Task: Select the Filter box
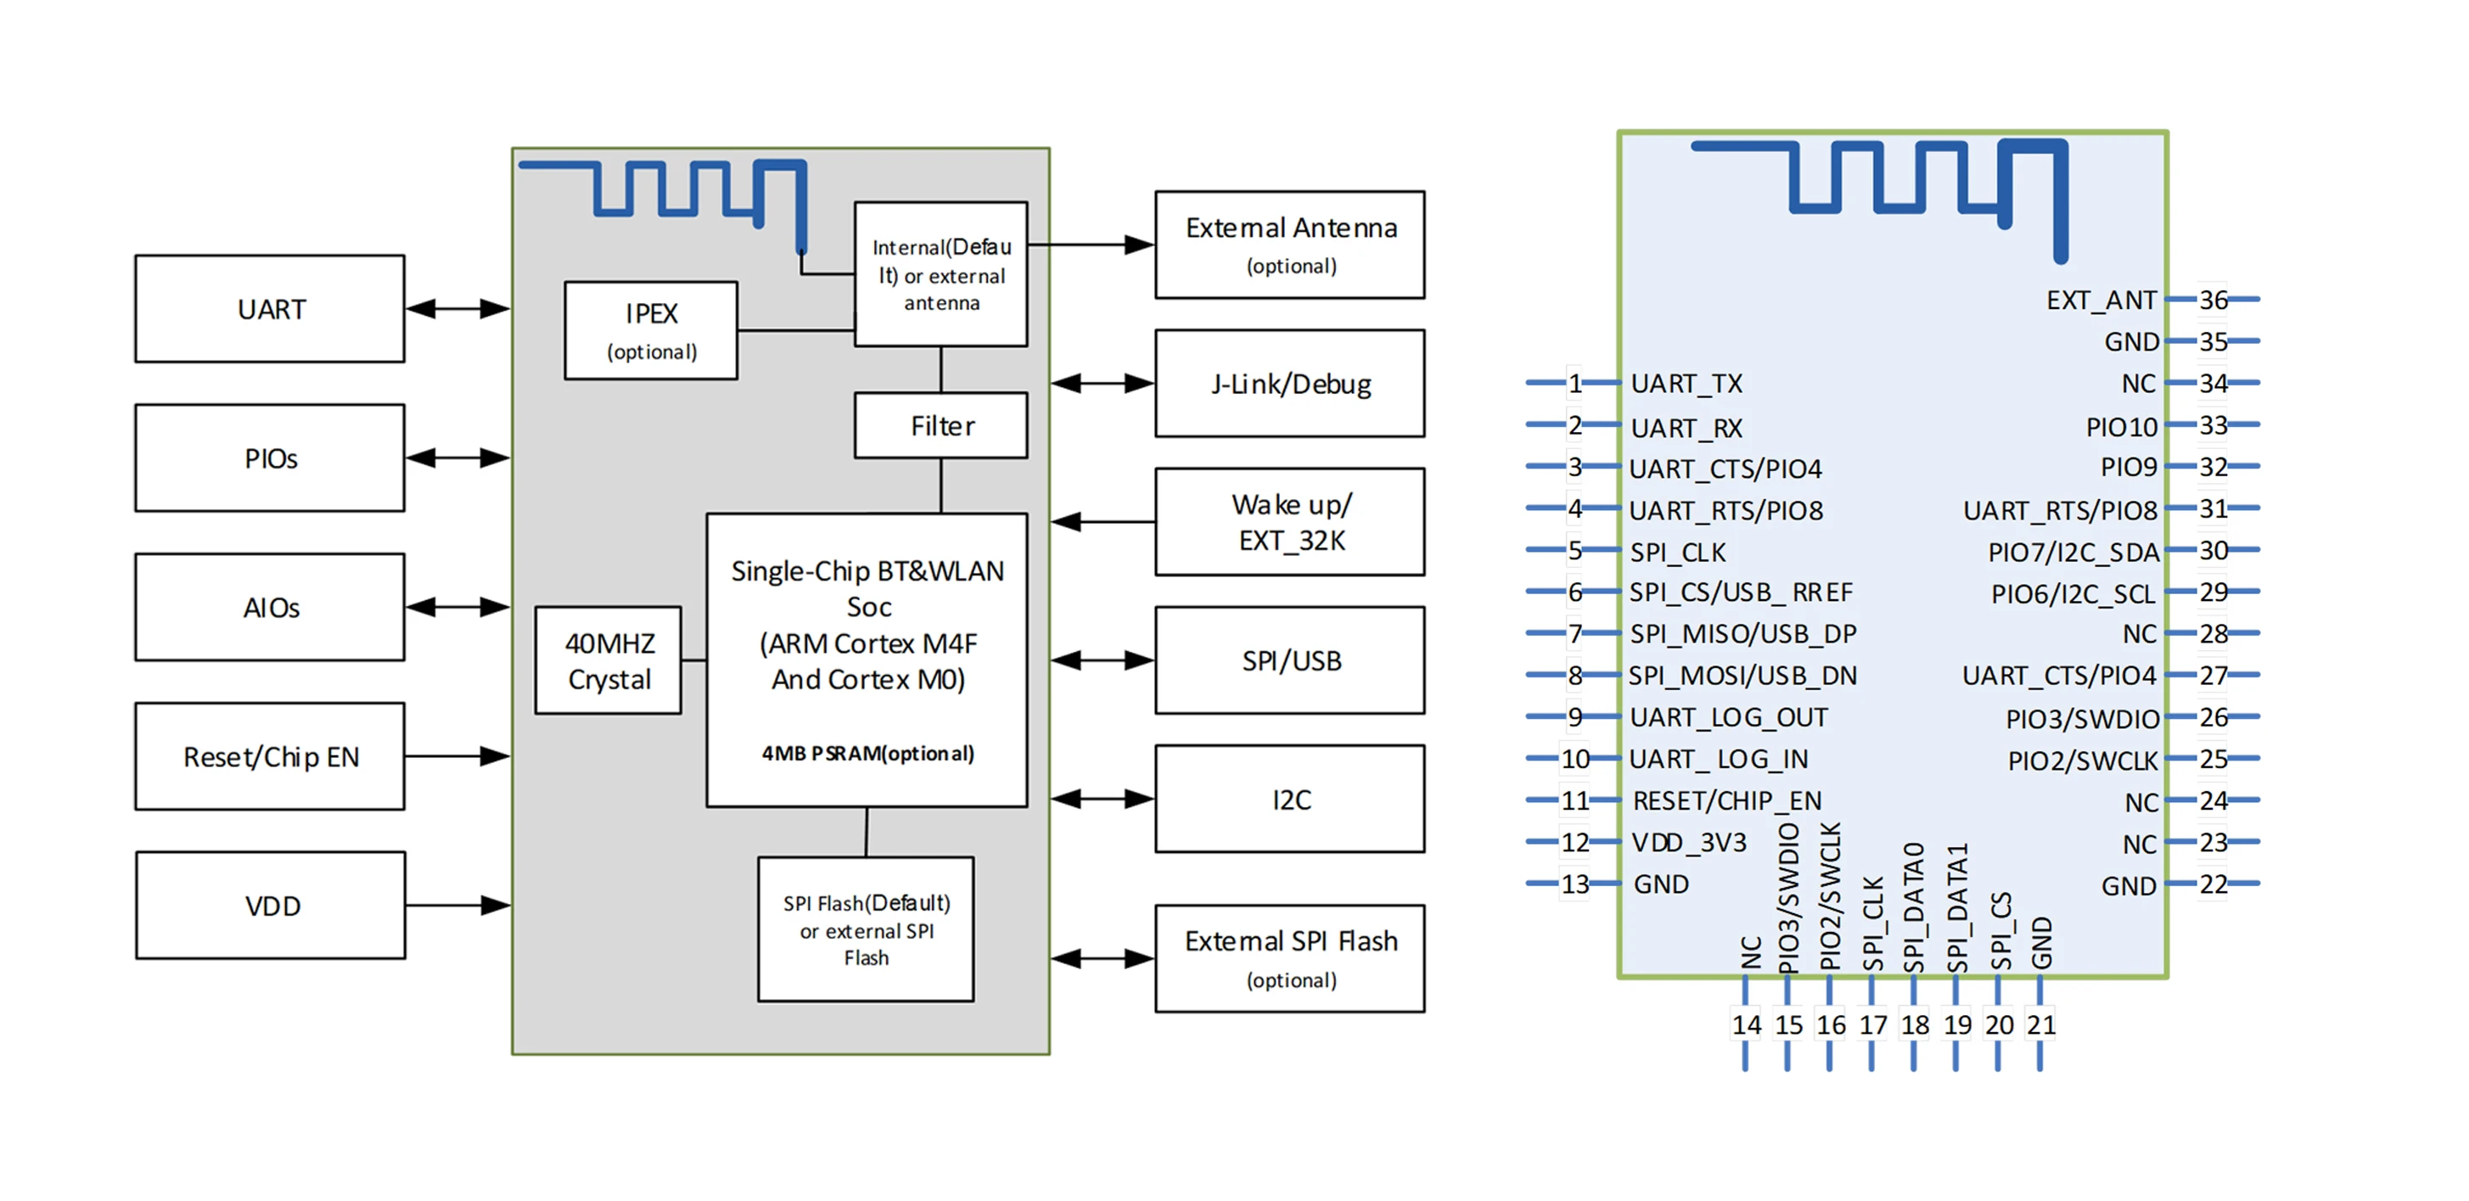(x=940, y=425)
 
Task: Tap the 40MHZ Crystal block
(x=609, y=660)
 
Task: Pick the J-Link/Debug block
(x=1289, y=384)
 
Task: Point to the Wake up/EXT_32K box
(x=1289, y=522)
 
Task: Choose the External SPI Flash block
(x=1289, y=958)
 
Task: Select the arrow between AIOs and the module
(x=457, y=607)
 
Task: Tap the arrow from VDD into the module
(x=457, y=905)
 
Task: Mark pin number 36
(x=2213, y=300)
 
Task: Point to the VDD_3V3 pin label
(x=1689, y=843)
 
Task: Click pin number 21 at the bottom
(x=2040, y=1024)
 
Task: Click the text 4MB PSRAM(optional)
(x=867, y=754)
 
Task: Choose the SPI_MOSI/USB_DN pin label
(x=1742, y=676)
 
